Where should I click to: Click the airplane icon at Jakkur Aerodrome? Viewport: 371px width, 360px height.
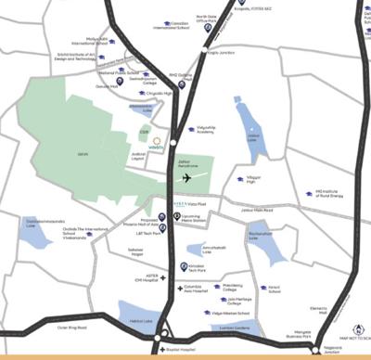coord(187,177)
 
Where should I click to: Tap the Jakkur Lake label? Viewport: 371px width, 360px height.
coord(251,136)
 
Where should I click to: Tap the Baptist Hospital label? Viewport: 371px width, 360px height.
coord(185,352)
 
